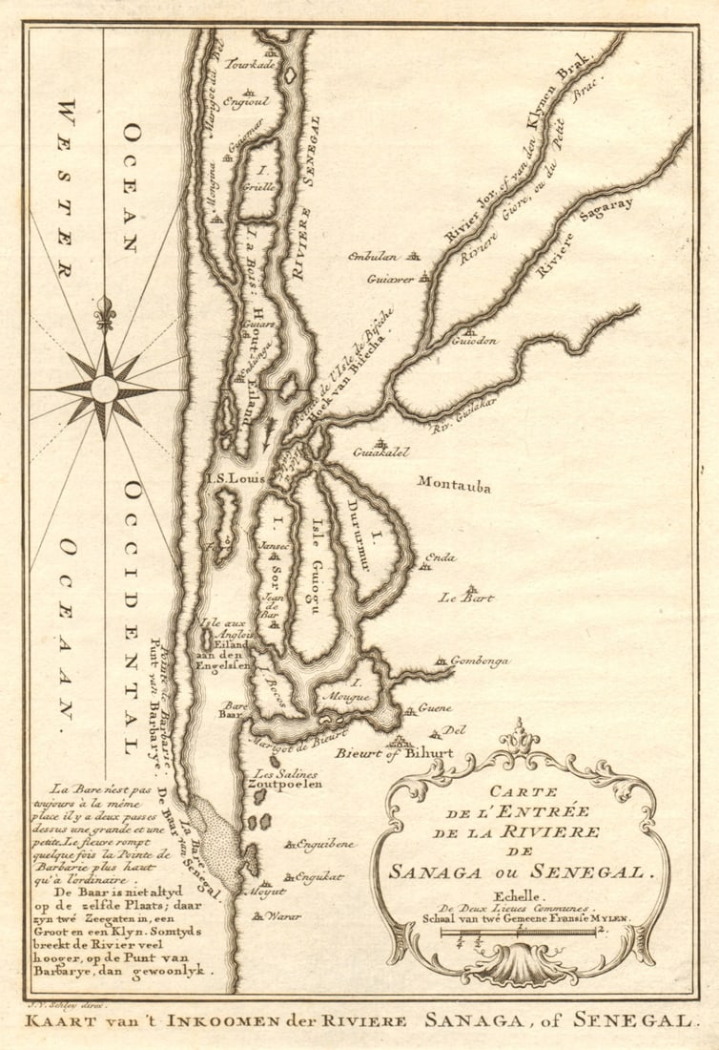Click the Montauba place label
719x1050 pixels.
pos(454,485)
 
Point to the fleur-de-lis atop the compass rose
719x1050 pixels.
pos(105,312)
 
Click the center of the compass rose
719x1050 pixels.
pos(104,388)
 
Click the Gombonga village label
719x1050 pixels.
pos(479,661)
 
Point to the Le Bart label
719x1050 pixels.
pos(465,598)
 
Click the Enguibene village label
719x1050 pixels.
pos(325,844)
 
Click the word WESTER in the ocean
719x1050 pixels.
pos(66,187)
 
